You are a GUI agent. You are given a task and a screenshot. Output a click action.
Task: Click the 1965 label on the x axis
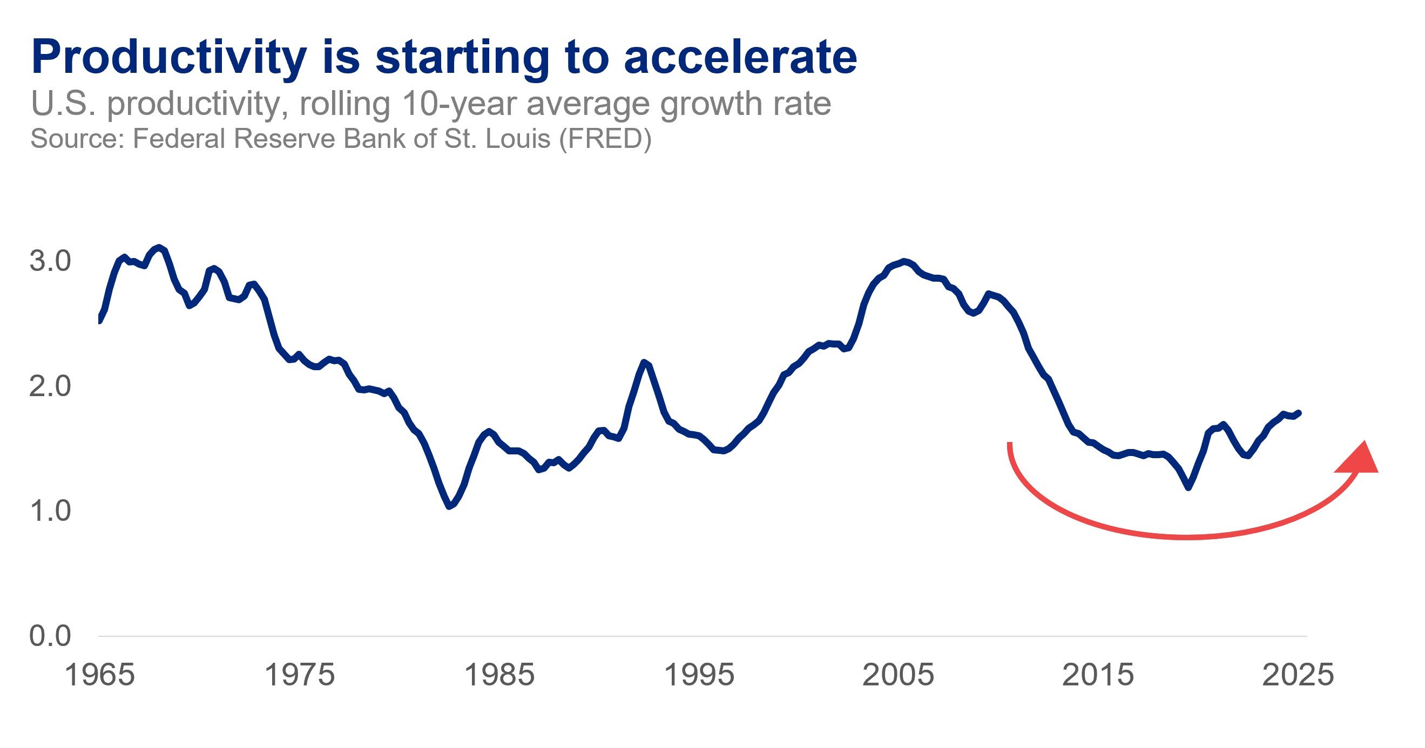pyautogui.click(x=99, y=675)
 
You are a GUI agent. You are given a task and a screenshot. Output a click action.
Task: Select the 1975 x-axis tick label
pyautogui.click(x=300, y=675)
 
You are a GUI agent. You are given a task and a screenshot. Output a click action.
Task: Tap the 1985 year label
pyautogui.click(x=499, y=675)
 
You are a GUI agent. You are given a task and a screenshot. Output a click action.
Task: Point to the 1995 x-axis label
pyautogui.click(x=699, y=675)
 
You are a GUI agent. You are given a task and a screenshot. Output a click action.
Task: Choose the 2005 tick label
pyautogui.click(x=899, y=675)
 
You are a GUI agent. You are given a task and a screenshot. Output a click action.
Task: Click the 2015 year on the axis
pyautogui.click(x=1098, y=675)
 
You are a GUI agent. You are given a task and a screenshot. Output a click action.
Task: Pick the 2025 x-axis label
pyautogui.click(x=1298, y=675)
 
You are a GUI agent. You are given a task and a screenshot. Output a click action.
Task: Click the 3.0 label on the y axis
pyautogui.click(x=50, y=261)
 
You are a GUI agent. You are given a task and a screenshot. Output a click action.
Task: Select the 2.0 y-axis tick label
pyautogui.click(x=50, y=386)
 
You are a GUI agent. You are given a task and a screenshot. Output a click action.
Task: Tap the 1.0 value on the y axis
pyautogui.click(x=50, y=511)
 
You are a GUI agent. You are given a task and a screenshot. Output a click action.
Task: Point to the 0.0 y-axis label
pyautogui.click(x=50, y=636)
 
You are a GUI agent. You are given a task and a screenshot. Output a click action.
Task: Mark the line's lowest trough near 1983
pyautogui.click(x=449, y=506)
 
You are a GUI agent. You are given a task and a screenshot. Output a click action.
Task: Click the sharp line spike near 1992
pyautogui.click(x=644, y=362)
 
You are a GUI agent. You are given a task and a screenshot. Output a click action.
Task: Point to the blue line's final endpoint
pyautogui.click(x=1298, y=412)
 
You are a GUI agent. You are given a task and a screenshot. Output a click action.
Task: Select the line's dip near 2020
pyautogui.click(x=1188, y=487)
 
